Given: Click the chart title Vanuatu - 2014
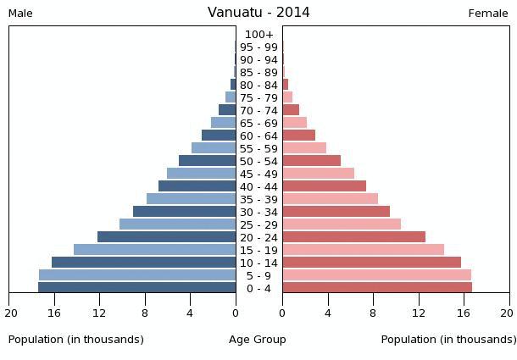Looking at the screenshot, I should pyautogui.click(x=258, y=13).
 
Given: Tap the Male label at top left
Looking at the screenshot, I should pyautogui.click(x=20, y=14).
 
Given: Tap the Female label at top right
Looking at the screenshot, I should pyautogui.click(x=488, y=14).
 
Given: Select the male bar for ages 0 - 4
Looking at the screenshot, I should pyautogui.click(x=136, y=288).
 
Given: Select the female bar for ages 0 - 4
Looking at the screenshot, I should pyautogui.click(x=377, y=288).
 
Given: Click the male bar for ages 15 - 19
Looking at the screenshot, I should pyautogui.click(x=154, y=250).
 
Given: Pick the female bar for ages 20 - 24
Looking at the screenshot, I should pyautogui.click(x=353, y=237).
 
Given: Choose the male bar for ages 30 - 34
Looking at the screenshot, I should pyautogui.click(x=184, y=212).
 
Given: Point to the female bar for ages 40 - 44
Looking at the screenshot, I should pyautogui.click(x=324, y=186).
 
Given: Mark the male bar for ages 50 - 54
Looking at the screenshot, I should pyautogui.click(x=207, y=161).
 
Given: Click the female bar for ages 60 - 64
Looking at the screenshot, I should pyautogui.click(x=298, y=136).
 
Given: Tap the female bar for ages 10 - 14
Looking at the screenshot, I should pyautogui.click(x=371, y=263).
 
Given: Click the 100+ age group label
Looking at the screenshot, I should pyautogui.click(x=258, y=35).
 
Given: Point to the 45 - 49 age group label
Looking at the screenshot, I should pyautogui.click(x=258, y=174).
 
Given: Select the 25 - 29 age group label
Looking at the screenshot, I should pyautogui.click(x=258, y=225).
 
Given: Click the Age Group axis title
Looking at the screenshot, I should pyautogui.click(x=258, y=340).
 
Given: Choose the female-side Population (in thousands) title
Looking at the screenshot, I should pyautogui.click(x=448, y=340).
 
